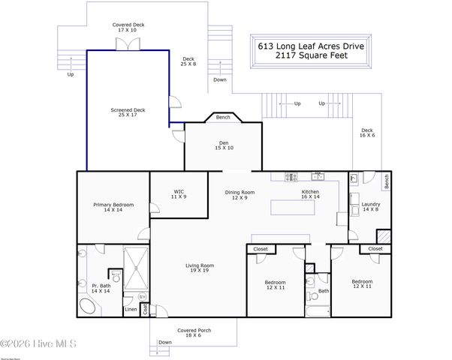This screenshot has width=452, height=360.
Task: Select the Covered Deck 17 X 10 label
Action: [128, 27]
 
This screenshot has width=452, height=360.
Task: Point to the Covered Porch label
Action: [193, 332]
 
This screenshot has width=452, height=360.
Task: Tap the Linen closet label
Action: [131, 309]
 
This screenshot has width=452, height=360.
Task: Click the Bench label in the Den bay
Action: [223, 117]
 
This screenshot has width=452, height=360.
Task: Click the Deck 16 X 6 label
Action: [367, 133]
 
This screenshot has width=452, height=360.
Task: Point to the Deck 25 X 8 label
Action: [188, 61]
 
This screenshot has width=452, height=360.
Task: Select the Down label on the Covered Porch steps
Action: [164, 343]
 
